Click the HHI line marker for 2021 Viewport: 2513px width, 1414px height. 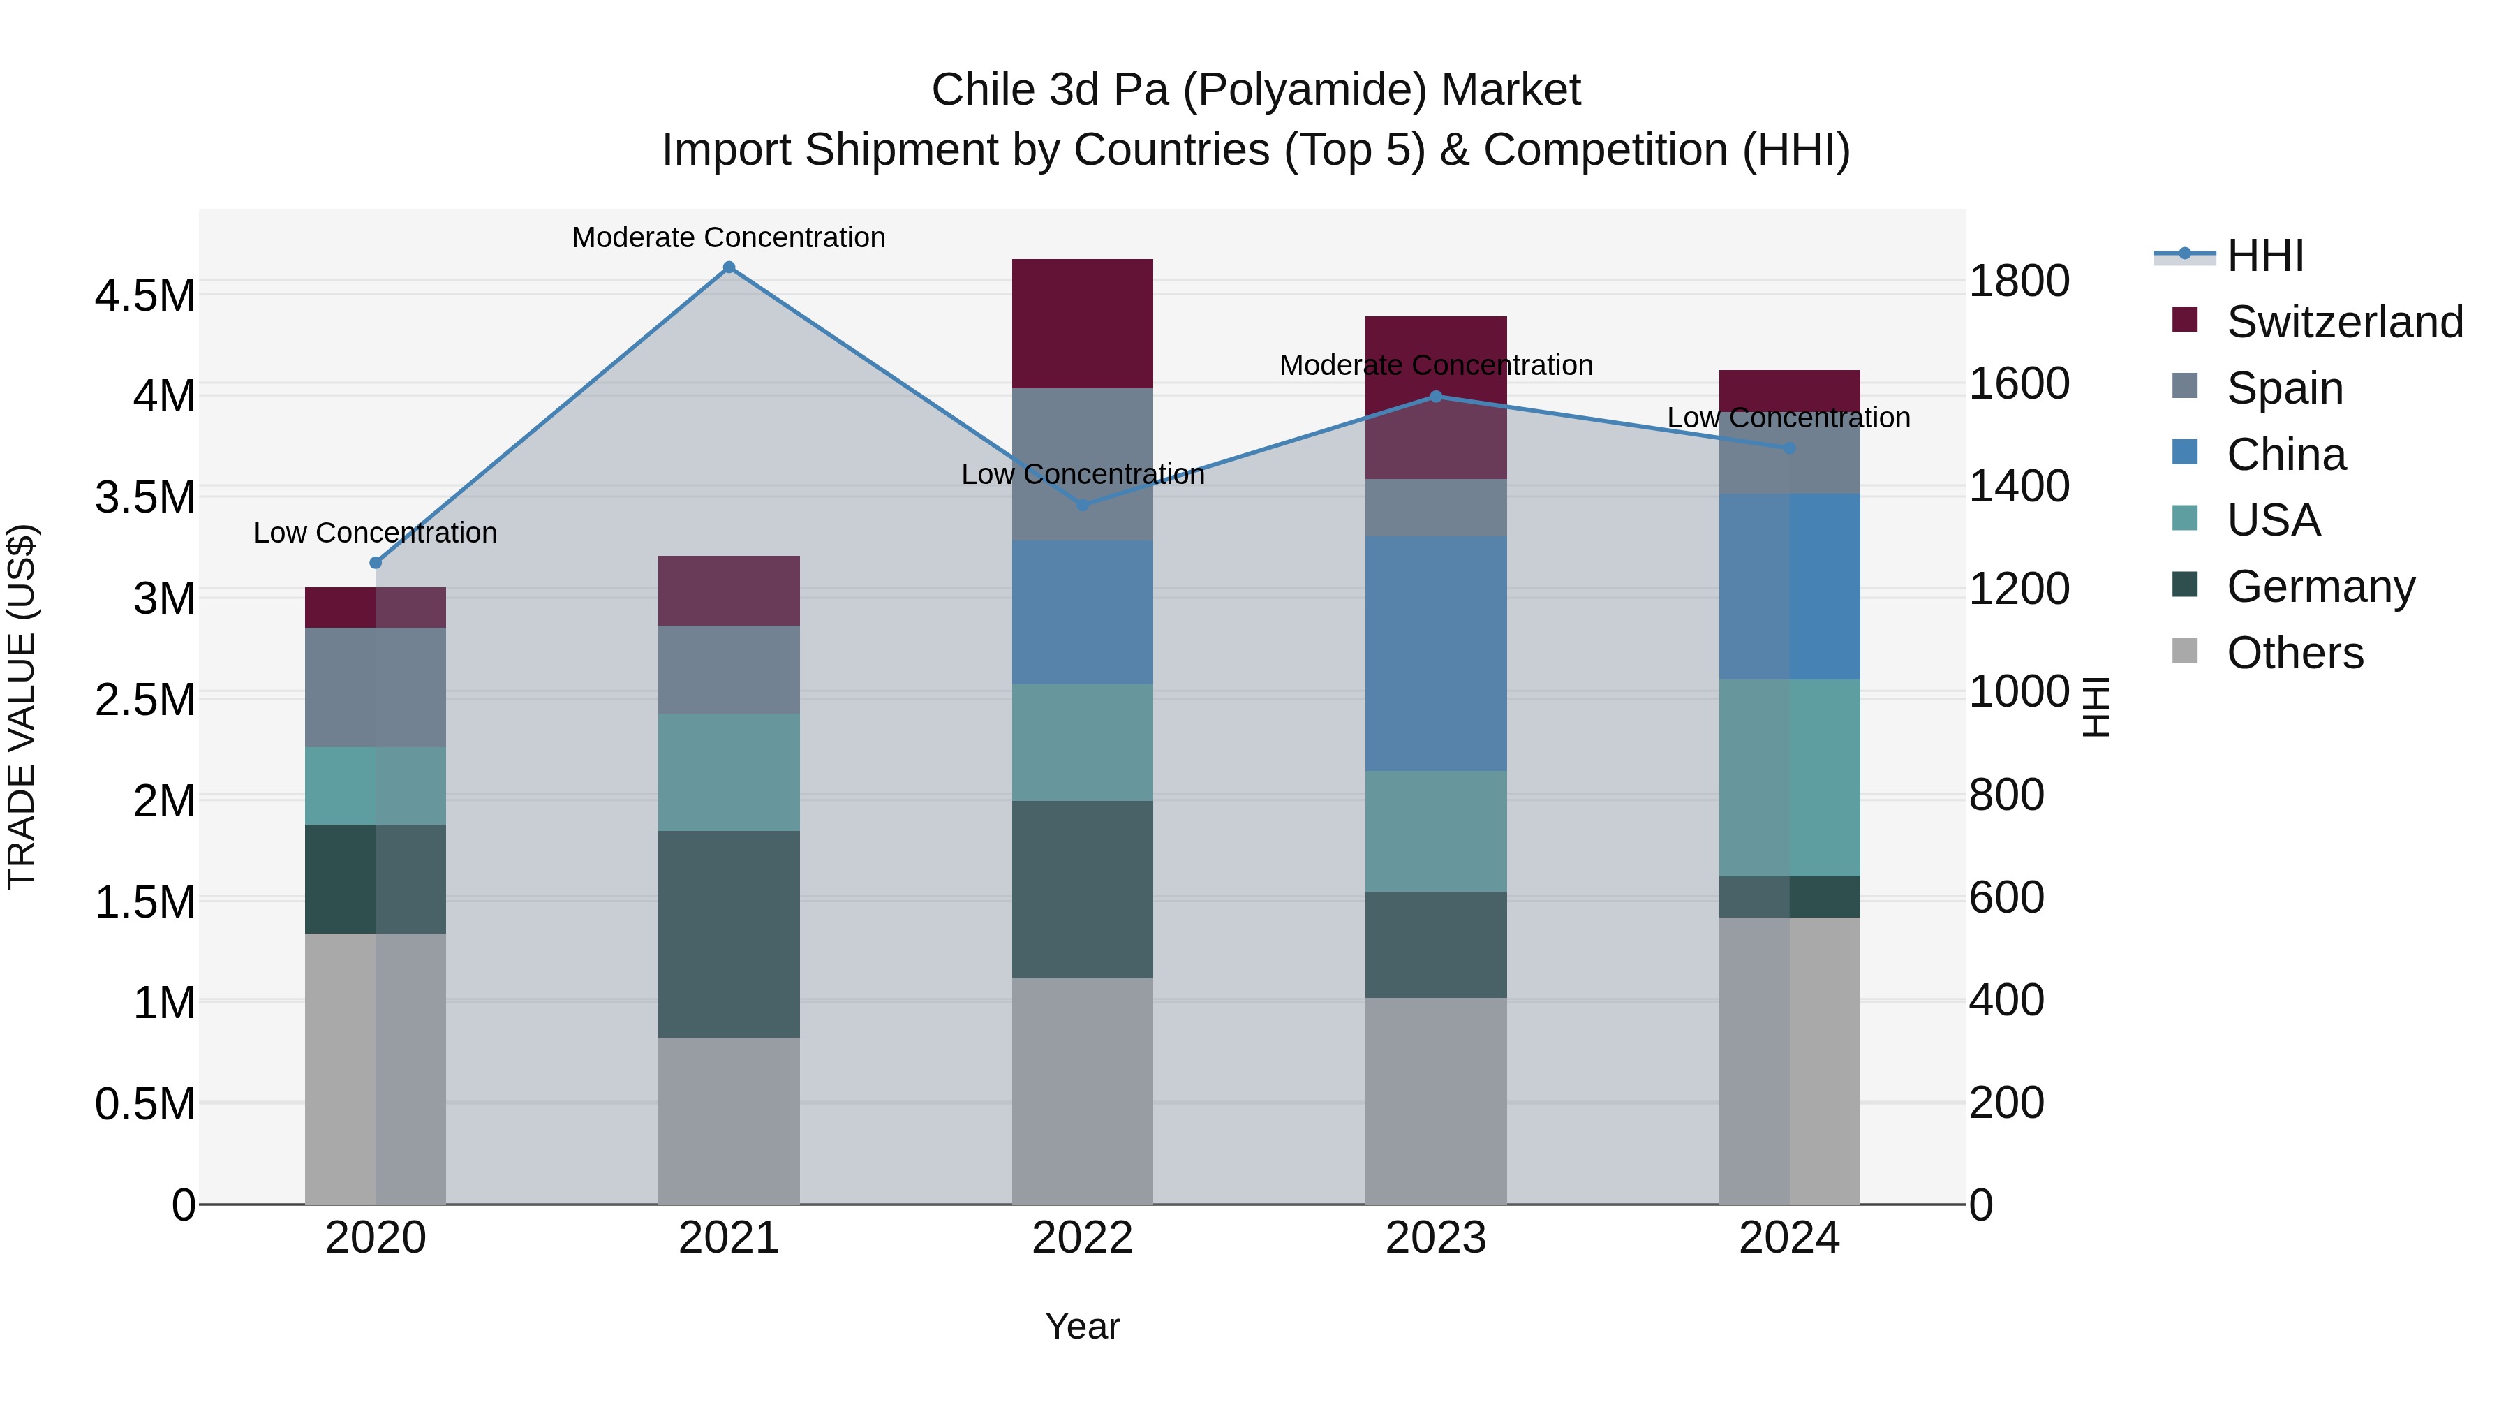pos(729,267)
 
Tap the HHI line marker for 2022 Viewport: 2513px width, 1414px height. pos(1082,505)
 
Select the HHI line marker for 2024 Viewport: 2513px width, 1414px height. pos(1789,448)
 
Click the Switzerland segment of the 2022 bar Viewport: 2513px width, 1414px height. pos(1082,323)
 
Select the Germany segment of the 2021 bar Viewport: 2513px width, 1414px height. pos(729,933)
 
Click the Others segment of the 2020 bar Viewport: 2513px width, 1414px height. pos(376,1068)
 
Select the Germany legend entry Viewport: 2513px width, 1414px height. pos(2320,587)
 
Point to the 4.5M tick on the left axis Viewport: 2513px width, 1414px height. pos(144,295)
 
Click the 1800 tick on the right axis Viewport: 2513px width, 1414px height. pos(2018,281)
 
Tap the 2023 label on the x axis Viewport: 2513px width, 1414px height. pos(1435,1238)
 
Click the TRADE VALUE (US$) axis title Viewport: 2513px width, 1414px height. pos(22,707)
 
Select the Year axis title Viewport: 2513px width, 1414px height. pos(1082,1326)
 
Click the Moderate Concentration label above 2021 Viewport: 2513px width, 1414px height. pos(729,237)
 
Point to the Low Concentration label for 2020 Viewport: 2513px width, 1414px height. pos(376,533)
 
